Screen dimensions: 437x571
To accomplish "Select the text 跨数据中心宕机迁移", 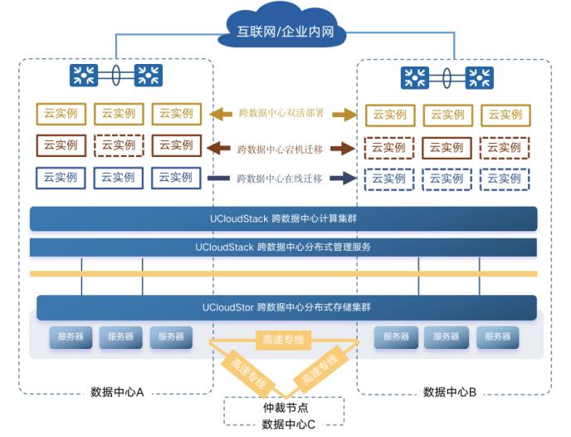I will point(280,150).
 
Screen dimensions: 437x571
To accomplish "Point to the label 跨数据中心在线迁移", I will point(280,179).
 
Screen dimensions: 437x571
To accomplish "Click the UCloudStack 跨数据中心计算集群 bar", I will point(283,218).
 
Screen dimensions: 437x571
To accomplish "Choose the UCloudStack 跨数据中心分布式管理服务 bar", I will point(283,247).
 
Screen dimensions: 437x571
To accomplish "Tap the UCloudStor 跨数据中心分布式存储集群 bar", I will point(286,307).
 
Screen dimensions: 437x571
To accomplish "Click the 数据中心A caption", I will point(118,391).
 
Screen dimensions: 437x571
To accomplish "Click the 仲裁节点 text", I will point(285,408).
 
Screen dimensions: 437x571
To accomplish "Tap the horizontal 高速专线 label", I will point(284,339).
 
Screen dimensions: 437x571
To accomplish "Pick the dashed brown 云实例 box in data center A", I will point(118,145).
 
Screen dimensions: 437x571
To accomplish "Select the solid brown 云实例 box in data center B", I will point(447,148).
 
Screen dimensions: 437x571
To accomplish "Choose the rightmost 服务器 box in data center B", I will point(497,336).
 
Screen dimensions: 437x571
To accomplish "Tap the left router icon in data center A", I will point(84,76).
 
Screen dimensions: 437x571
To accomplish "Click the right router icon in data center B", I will point(479,78).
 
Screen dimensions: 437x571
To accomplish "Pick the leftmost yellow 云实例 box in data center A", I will point(61,114).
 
